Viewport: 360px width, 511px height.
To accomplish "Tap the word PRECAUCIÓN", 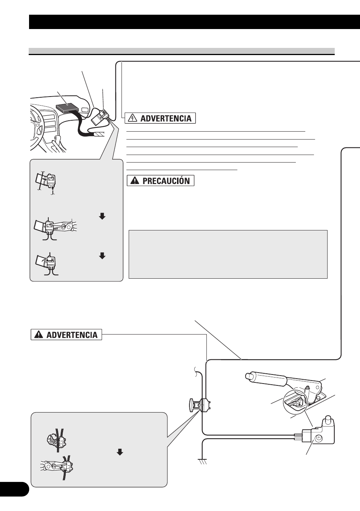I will [x=166, y=181].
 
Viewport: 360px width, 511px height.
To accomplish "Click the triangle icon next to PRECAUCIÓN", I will [x=135, y=181].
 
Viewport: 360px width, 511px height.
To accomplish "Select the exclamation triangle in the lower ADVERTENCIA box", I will [x=38, y=335].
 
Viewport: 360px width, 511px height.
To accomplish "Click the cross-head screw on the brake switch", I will [x=318, y=437].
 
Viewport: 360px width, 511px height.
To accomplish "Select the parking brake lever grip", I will [x=264, y=379].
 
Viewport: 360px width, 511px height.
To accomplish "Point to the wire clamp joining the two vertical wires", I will [x=200, y=405].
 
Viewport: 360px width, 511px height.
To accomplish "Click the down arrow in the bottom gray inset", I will [x=120, y=452].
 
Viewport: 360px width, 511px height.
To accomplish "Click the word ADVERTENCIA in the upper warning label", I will [x=166, y=118].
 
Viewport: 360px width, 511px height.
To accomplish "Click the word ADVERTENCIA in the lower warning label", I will [x=72, y=335].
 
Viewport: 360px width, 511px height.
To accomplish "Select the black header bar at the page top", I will [x=194, y=22].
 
